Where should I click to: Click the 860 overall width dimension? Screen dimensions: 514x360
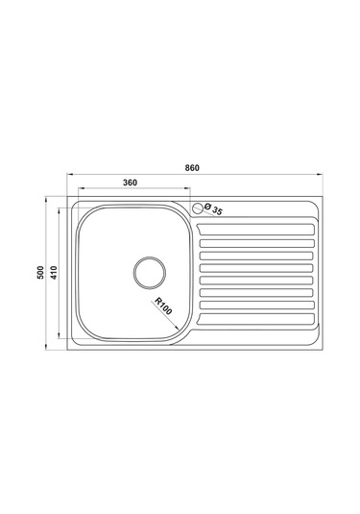[x=192, y=168]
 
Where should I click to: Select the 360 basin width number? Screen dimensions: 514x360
[x=133, y=183]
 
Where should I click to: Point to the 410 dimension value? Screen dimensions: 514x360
[x=54, y=273]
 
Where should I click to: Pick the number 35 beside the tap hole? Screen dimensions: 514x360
[x=218, y=210]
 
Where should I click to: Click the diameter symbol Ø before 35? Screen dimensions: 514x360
[x=208, y=208]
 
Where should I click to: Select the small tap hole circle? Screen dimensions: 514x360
[x=198, y=207]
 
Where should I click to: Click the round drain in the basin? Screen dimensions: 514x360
[x=149, y=271]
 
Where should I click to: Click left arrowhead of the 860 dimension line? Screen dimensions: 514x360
[x=69, y=176]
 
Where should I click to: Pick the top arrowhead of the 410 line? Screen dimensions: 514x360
[x=60, y=208]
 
